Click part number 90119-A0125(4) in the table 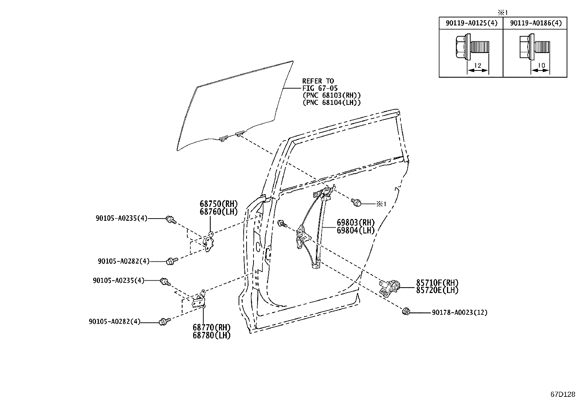471,23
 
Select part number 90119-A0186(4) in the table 536,23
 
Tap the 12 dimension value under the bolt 478,66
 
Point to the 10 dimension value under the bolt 541,66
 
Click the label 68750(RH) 219,204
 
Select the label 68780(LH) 211,335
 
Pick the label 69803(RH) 355,223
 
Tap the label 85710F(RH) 437,282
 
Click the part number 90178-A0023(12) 460,313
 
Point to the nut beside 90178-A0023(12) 406,312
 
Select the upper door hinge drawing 209,242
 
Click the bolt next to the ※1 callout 356,202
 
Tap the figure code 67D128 563,394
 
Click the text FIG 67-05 320,88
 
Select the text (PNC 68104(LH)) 332,102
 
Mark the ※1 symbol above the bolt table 503,12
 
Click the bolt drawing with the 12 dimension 472,47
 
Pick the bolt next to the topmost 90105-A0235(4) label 171,220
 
